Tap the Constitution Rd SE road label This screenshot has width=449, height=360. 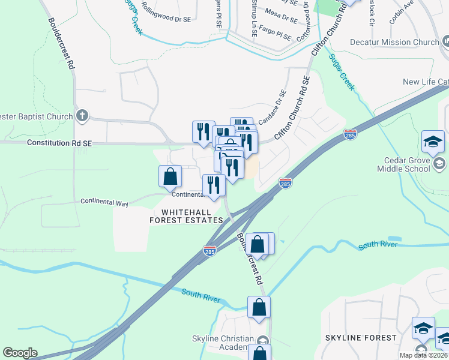click(59, 143)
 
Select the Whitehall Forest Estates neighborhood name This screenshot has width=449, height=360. click(186, 216)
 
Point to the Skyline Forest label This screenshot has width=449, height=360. click(361, 338)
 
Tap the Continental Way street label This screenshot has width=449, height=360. click(104, 202)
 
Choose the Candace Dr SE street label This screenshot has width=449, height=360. click(273, 107)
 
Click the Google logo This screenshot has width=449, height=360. click(20, 353)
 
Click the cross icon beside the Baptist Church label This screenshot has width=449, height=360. click(83, 116)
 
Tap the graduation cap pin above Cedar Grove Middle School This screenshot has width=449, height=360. click(432, 142)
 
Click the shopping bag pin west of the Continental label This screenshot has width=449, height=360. click(170, 176)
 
